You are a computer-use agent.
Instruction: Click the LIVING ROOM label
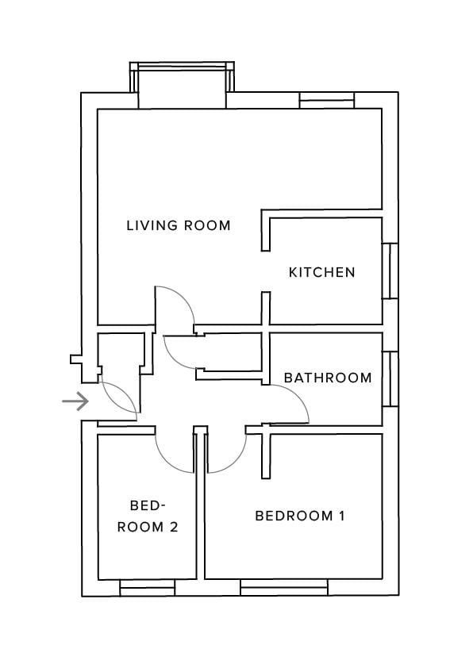point(179,225)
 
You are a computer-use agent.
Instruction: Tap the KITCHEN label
point(321,272)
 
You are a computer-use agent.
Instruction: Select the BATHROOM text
point(328,378)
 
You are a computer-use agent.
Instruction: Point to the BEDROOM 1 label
point(300,516)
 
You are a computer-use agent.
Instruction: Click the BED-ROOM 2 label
point(148,516)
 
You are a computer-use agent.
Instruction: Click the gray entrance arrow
point(75,401)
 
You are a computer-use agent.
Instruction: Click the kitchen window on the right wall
point(390,271)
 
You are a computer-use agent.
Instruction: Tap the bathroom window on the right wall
point(390,378)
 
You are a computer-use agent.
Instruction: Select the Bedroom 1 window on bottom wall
point(284,588)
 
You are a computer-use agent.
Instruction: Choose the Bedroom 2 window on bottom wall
point(148,588)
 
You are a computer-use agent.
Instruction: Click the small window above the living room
point(327,100)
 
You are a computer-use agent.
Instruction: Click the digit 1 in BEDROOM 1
point(341,516)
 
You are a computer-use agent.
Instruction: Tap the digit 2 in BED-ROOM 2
point(174,528)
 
